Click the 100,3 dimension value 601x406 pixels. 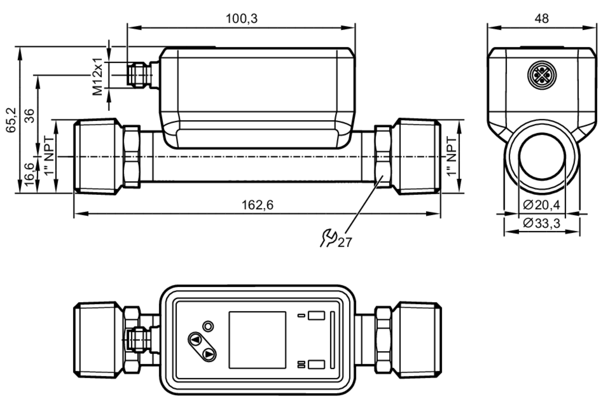(x=242, y=19)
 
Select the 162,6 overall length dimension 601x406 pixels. (x=258, y=205)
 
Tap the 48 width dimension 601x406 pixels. (x=542, y=19)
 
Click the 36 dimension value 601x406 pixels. (x=29, y=116)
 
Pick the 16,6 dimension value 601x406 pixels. (x=29, y=174)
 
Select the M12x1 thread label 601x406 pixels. (x=98, y=77)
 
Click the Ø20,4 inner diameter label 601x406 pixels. (x=542, y=205)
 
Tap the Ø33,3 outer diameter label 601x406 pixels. (x=542, y=223)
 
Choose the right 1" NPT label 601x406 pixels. (x=452, y=156)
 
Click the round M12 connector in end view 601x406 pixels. (x=542, y=75)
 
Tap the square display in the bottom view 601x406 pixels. (x=257, y=340)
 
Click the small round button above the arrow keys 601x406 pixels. (x=208, y=326)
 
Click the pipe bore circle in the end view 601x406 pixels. (x=542, y=156)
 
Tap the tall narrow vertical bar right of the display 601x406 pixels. (x=332, y=340)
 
